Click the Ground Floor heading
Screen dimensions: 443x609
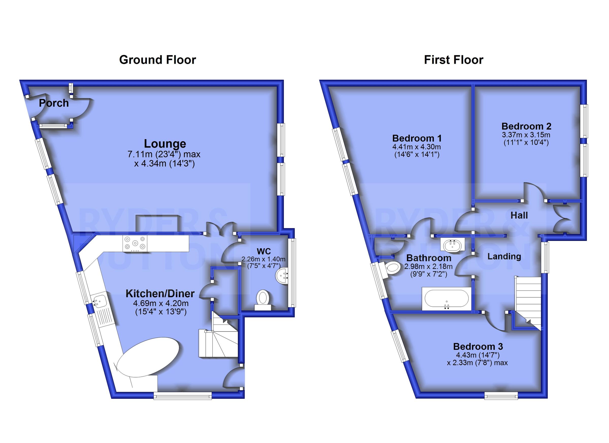point(157,60)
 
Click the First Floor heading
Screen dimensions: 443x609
point(453,60)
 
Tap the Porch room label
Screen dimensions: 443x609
point(54,103)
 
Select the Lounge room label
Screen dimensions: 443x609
point(165,144)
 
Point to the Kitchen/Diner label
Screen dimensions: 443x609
point(160,293)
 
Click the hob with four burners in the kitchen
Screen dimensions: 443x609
point(135,243)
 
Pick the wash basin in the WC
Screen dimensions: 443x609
point(282,274)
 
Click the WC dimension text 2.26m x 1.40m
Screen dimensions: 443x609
point(263,259)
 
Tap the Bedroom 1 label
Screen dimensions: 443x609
point(417,138)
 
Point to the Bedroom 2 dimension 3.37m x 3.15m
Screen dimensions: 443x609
point(526,135)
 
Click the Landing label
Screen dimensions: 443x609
point(504,256)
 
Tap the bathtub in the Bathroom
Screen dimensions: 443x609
point(447,298)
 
